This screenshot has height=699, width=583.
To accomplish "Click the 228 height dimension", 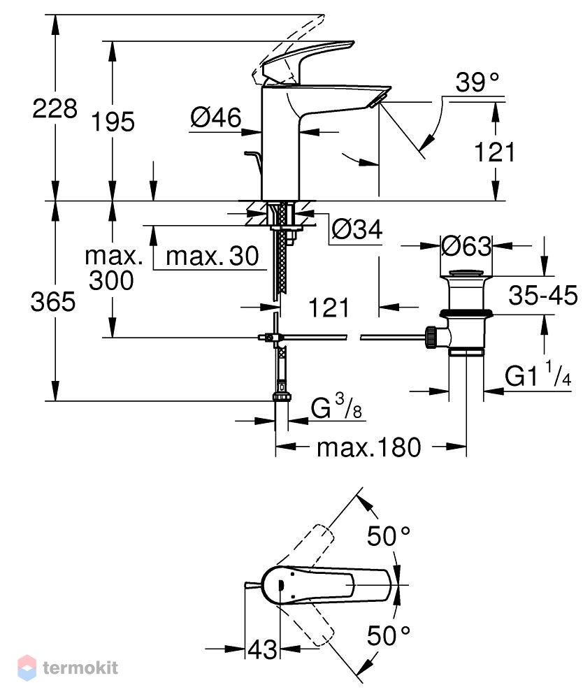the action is coord(55,108).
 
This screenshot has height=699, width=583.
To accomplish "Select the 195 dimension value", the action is coord(113,122).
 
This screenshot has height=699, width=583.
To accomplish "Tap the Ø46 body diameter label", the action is coord(216,117).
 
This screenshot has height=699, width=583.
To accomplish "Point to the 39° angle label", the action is coord(477,82).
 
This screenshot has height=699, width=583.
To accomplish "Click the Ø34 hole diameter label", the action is coord(357,229).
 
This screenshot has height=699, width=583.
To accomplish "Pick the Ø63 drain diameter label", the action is coord(466,245).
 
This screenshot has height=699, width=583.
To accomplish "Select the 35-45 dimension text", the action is coord(543,295).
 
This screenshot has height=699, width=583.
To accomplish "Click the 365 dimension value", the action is coord(53,302).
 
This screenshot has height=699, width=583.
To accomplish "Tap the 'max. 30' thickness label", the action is coord(213,257).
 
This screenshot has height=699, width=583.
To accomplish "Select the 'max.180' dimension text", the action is coord(368,447).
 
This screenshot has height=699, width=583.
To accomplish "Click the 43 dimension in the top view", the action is coord(262,649).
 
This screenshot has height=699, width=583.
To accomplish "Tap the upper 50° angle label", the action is coord(388,536).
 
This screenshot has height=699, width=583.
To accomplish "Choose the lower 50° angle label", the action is coord(388,635).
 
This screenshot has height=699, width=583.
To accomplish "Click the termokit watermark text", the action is coord(80,668).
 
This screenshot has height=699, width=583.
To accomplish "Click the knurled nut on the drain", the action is coord(431,338).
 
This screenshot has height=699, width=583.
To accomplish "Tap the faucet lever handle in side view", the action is coord(308,60).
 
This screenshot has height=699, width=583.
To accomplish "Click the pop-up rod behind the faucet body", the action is coord(253,163).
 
